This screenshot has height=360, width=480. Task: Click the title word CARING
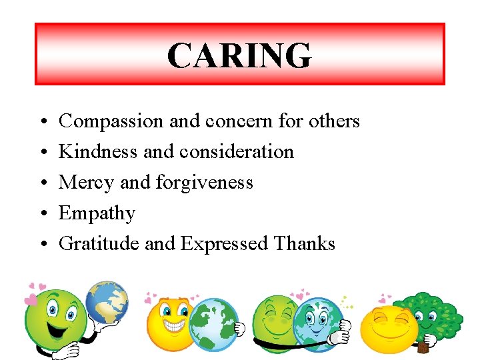[239, 55]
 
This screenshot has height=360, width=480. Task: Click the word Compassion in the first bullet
[111, 121]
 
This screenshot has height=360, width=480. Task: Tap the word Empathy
[97, 213]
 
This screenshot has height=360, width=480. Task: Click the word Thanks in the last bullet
[304, 244]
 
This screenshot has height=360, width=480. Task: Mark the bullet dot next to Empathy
[42, 214]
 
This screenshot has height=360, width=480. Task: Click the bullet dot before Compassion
[42, 122]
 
